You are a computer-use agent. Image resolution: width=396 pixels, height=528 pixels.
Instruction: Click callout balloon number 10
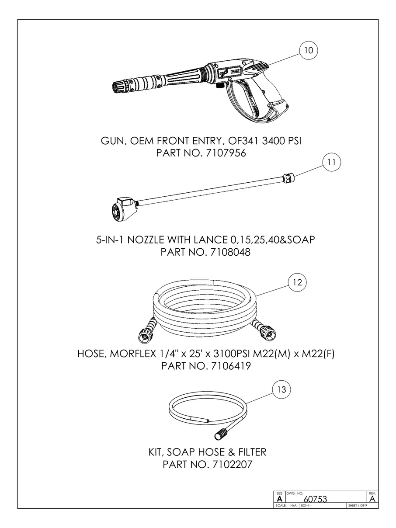tap(309, 51)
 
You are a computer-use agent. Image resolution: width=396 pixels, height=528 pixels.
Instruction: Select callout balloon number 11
tap(332, 162)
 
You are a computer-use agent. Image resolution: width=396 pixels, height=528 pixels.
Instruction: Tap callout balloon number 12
tap(297, 282)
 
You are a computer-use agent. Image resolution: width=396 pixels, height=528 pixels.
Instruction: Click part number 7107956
tap(226, 153)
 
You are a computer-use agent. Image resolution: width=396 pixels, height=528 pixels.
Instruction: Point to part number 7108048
tap(230, 252)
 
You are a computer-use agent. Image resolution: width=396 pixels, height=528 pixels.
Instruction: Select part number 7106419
tap(231, 366)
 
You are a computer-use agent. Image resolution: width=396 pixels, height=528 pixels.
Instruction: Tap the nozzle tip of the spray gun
tap(118, 87)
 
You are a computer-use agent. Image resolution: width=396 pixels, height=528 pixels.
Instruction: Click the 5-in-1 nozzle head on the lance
tap(124, 208)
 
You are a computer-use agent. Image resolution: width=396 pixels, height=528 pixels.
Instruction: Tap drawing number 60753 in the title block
tap(315, 499)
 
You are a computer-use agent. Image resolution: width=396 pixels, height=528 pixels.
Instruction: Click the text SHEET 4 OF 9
tap(358, 505)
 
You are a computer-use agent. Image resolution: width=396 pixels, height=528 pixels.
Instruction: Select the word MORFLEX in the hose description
tap(133, 353)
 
